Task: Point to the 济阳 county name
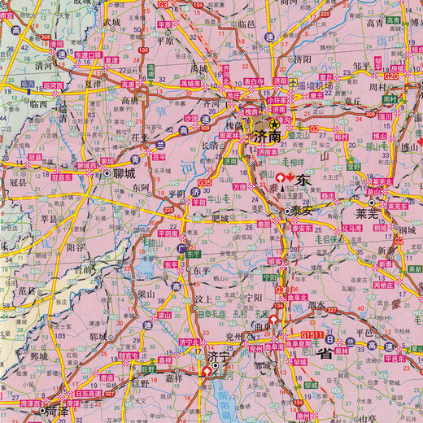[302, 59]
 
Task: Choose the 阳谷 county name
[76, 244]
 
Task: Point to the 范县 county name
[27, 290]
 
